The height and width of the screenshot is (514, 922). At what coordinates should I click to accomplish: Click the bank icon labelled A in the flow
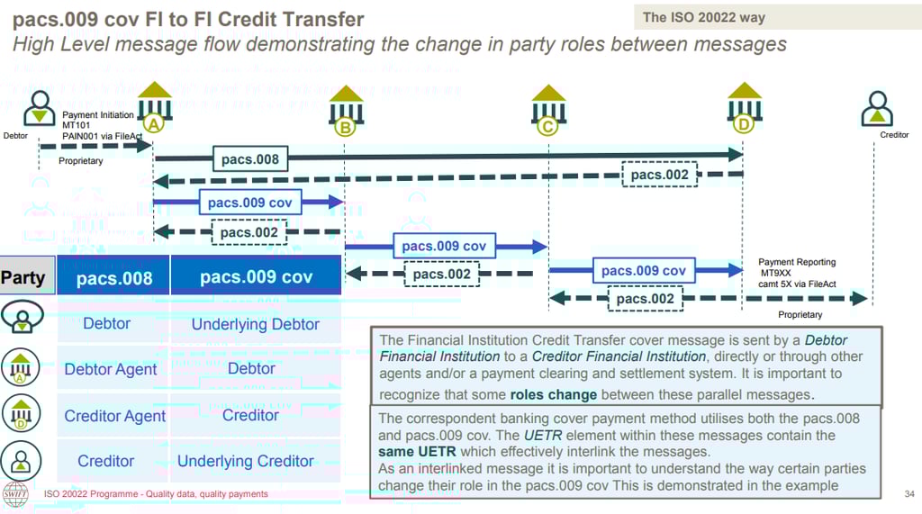155,105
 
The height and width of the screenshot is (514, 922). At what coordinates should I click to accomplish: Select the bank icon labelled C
548,110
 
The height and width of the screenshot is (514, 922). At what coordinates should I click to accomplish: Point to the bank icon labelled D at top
744,105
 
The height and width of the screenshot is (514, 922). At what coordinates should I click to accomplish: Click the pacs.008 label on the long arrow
250,160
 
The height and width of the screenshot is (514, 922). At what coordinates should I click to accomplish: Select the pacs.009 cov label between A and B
249,203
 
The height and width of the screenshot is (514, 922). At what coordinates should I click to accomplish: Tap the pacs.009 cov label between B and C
444,246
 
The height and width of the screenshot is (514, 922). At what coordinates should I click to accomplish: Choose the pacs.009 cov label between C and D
643,270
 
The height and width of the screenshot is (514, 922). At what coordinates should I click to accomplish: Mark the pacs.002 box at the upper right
660,175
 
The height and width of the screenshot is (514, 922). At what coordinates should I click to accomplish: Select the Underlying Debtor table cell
255,324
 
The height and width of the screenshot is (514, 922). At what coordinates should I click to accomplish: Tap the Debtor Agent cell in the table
111,369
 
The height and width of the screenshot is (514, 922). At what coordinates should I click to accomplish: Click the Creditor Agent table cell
114,416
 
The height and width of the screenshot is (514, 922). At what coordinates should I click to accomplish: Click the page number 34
908,494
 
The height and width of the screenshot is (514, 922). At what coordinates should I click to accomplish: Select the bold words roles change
553,394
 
